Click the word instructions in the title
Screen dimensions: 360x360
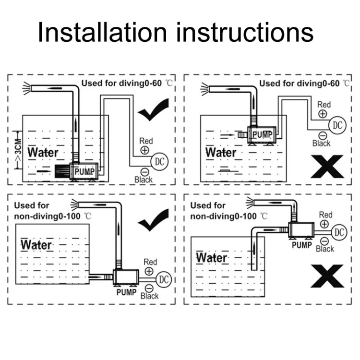pyautogui.click(x=244, y=33)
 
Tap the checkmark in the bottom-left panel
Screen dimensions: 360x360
pyautogui.click(x=153, y=219)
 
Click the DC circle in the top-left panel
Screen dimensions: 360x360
pyautogui.click(x=159, y=161)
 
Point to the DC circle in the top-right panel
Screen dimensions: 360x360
pyautogui.click(x=338, y=125)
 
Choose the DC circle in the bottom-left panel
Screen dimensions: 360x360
pyautogui.click(x=165, y=279)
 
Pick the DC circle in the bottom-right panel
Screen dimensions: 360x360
pyautogui.click(x=339, y=233)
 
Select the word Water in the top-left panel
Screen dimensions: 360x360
pyautogui.click(x=43, y=153)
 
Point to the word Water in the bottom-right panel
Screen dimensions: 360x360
pyautogui.click(x=212, y=258)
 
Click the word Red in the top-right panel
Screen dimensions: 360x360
pyautogui.click(x=324, y=104)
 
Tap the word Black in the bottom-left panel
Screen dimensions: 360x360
pyautogui.click(x=149, y=296)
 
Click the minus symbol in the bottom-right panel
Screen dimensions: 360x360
pyautogui.click(x=324, y=241)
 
